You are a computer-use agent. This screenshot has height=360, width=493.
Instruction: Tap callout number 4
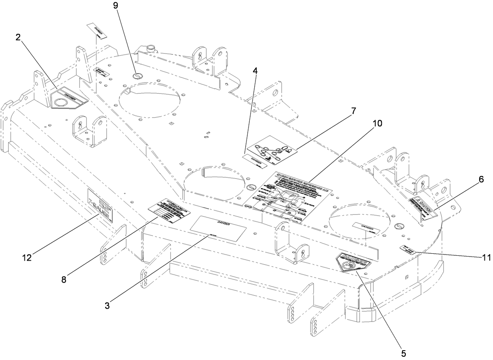(255, 70)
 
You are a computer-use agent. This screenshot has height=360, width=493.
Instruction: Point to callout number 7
(353, 110)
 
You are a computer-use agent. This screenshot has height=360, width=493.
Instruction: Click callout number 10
(377, 123)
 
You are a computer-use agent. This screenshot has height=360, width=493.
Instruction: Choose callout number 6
(481, 180)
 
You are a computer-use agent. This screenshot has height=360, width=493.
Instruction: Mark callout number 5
(403, 353)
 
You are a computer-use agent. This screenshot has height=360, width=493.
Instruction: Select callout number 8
(64, 280)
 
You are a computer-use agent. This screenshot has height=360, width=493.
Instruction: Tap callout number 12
(27, 257)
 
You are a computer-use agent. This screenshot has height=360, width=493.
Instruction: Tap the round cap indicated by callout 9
(138, 76)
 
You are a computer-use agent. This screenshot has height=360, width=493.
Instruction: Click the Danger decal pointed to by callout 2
(68, 99)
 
